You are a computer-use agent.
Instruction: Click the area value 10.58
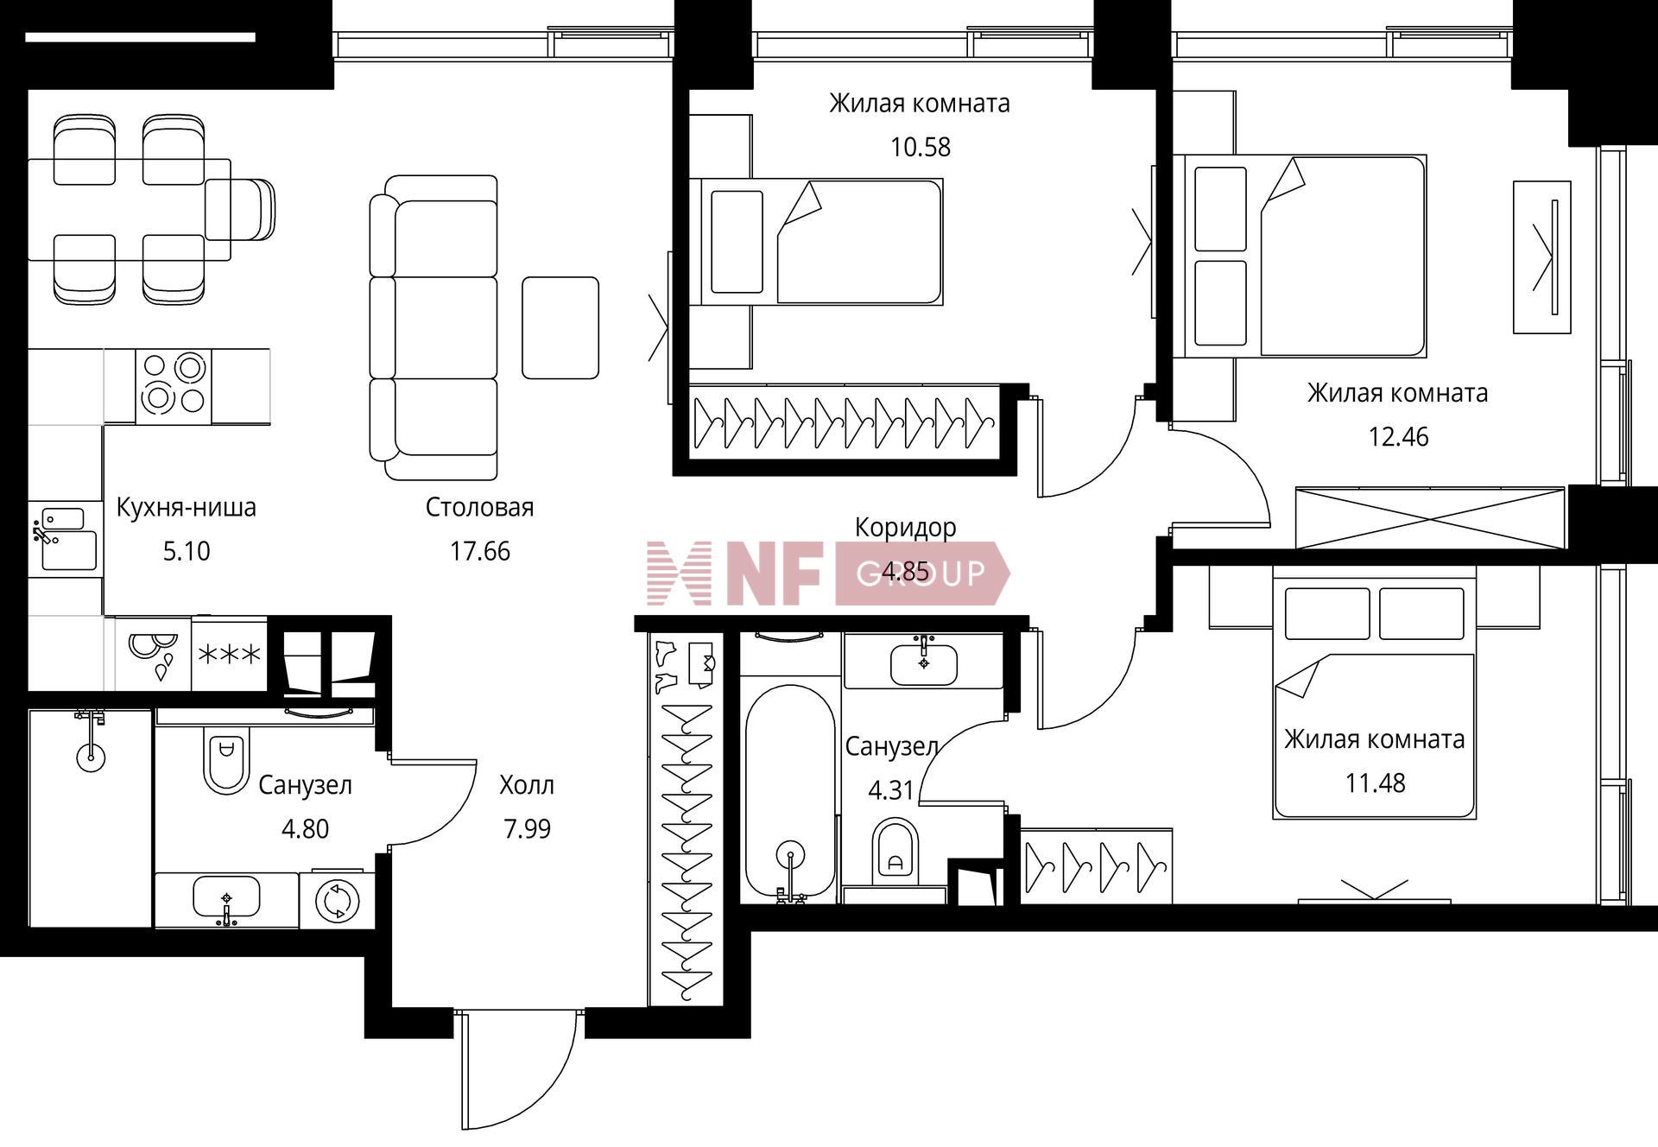click(x=921, y=147)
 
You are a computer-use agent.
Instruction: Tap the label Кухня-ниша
click(x=187, y=507)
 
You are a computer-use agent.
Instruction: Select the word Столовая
click(x=480, y=507)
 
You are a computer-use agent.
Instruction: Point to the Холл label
click(x=527, y=785)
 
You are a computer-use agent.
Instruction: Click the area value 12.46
click(x=1398, y=436)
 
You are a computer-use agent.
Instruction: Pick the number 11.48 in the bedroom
click(x=1375, y=783)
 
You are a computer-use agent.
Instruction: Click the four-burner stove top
click(x=174, y=386)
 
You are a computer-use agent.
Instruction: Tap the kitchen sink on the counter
click(x=66, y=540)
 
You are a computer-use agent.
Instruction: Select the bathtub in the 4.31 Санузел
click(x=790, y=794)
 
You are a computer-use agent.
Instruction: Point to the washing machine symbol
click(x=337, y=901)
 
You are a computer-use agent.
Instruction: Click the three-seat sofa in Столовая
click(x=433, y=327)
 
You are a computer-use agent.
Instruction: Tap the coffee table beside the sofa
click(x=560, y=327)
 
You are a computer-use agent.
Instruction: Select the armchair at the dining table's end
click(x=240, y=209)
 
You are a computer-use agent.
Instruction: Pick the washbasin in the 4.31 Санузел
click(x=924, y=662)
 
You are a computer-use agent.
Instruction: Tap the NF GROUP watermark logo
click(x=828, y=573)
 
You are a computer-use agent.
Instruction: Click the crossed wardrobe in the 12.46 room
click(x=1430, y=518)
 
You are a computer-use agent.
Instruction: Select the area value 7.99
click(x=527, y=829)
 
